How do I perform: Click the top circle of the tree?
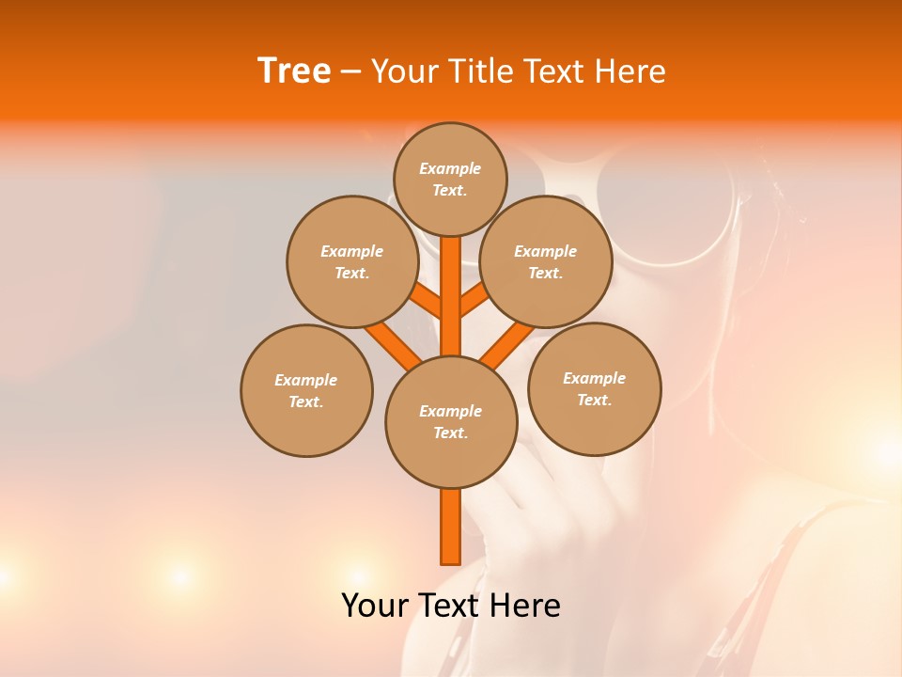click(450, 179)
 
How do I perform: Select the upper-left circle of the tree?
click(351, 261)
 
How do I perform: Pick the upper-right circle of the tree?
click(546, 261)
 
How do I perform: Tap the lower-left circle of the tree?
click(306, 390)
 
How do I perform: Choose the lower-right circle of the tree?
click(595, 388)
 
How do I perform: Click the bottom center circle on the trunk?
click(451, 422)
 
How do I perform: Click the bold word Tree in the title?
click(294, 71)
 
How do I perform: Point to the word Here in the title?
click(630, 71)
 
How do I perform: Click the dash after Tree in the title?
click(350, 72)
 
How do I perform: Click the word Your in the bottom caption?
click(376, 606)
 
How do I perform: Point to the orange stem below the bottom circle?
click(450, 527)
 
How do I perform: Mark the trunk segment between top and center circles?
click(450, 296)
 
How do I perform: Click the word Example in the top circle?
click(450, 168)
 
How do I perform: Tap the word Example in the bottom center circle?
click(450, 411)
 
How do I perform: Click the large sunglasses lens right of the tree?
click(667, 202)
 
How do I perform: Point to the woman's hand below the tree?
click(554, 527)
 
